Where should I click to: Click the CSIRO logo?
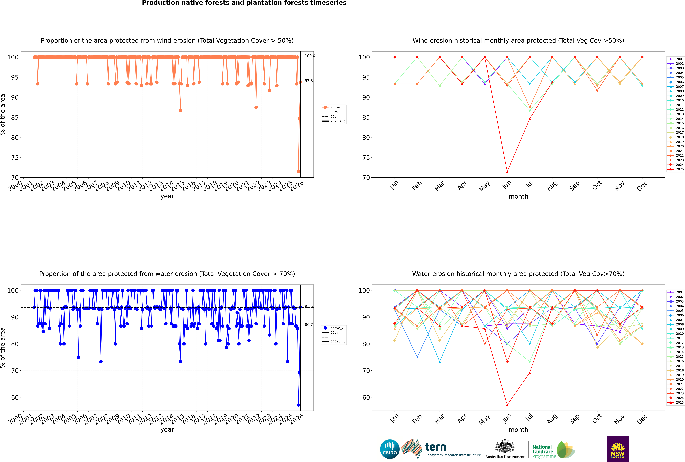point(390,449)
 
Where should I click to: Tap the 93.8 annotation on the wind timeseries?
point(309,81)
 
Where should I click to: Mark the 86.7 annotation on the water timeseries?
point(309,325)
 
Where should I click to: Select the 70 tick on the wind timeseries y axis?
point(15,178)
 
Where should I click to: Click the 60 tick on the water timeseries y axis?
point(15,398)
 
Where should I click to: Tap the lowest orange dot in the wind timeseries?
point(298,172)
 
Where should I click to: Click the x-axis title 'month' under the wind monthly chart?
point(518,197)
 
